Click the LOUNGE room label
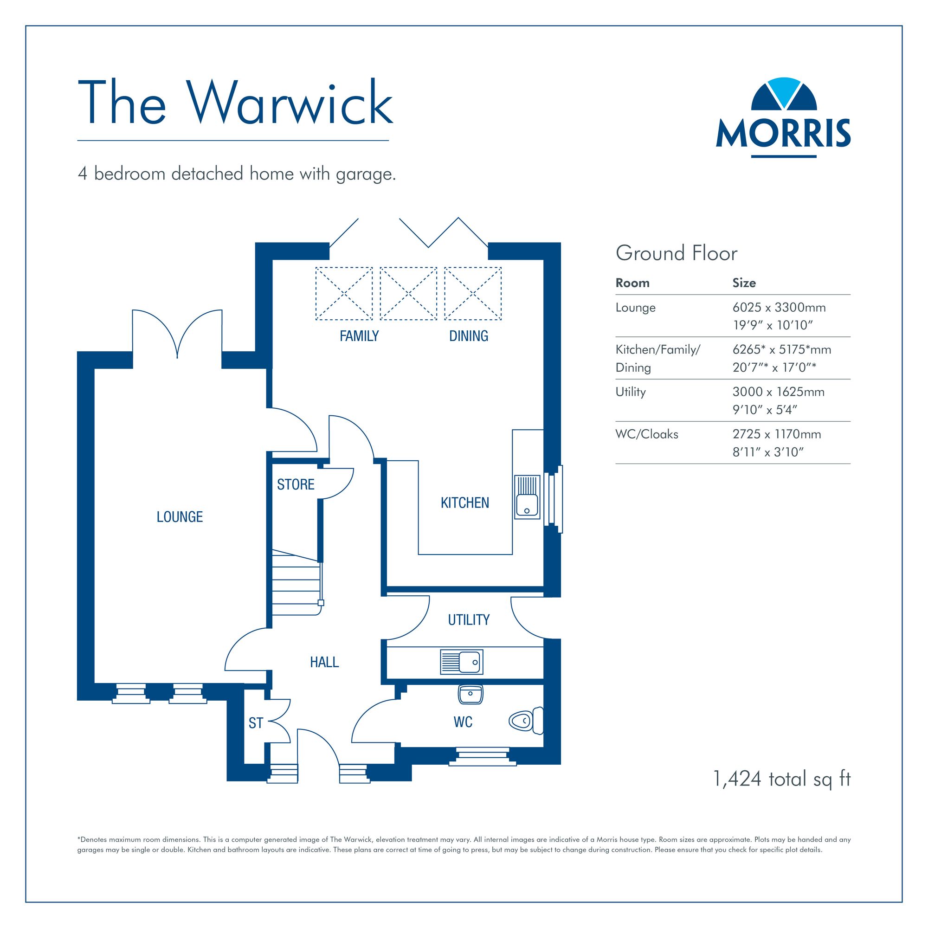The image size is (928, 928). point(180,517)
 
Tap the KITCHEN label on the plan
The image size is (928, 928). point(465,503)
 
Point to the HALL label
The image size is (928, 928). point(324,663)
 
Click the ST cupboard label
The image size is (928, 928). point(256,723)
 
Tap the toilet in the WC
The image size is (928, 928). point(526,721)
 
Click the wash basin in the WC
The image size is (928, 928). point(470,695)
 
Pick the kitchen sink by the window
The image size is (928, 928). point(527,497)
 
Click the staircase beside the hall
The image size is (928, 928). point(296,583)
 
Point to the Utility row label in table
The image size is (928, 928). point(631,392)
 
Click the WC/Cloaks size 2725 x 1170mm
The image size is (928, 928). point(777,434)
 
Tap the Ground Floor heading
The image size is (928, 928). point(677,253)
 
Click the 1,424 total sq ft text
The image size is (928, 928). point(782,779)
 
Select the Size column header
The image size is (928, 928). point(744,283)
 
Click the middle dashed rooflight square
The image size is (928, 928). point(408,294)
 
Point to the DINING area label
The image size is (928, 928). point(468,336)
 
